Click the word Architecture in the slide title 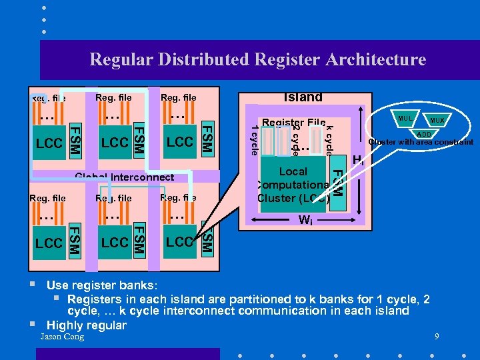click(x=376, y=60)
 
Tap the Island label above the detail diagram click(x=303, y=97)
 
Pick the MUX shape click(x=437, y=121)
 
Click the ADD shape click(x=423, y=133)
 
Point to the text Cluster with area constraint click(x=421, y=142)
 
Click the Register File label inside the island click(x=293, y=123)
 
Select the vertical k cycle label click(x=329, y=139)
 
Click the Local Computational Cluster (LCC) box click(x=293, y=185)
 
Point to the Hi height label click(x=358, y=160)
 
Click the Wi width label click(x=305, y=221)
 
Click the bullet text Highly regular click(x=86, y=325)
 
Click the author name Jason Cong click(x=62, y=337)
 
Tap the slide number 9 click(x=437, y=337)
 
